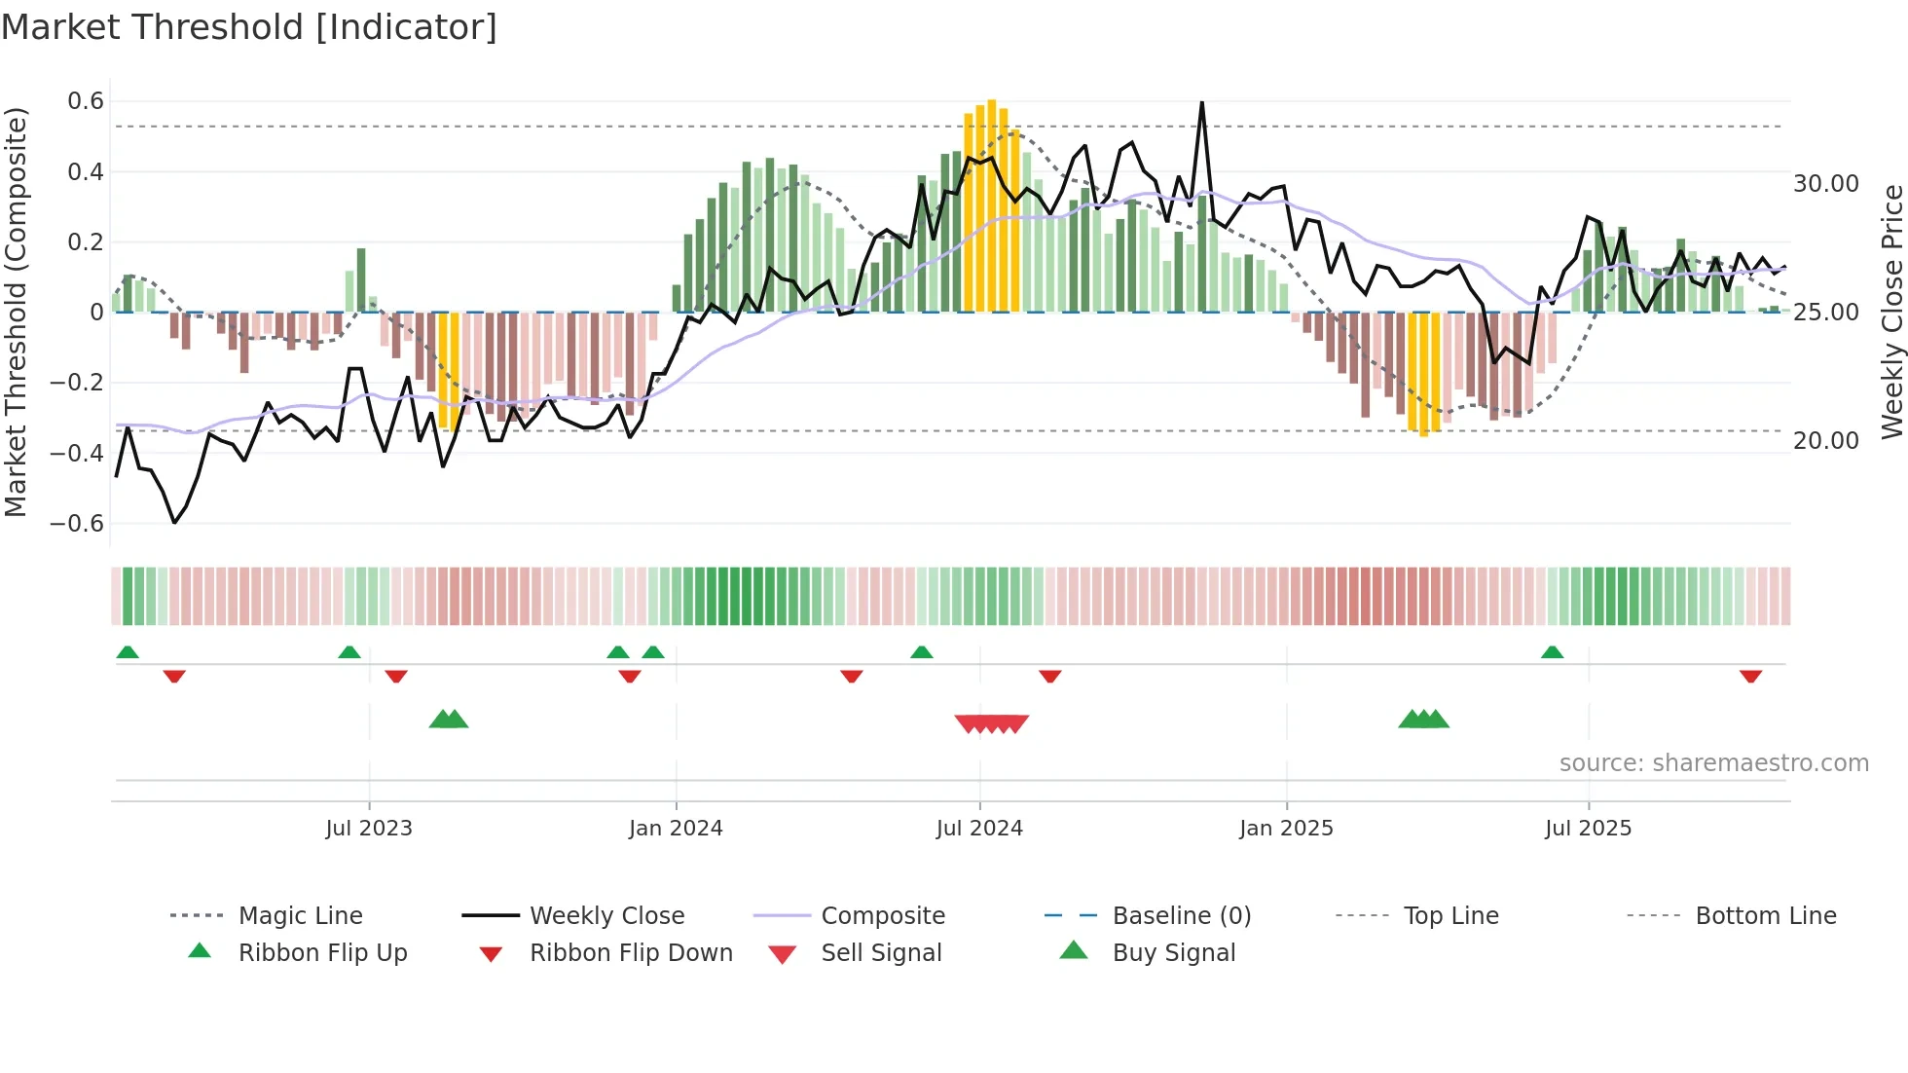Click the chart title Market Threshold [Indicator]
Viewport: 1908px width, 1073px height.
coord(249,27)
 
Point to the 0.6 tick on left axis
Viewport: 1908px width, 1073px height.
coord(86,101)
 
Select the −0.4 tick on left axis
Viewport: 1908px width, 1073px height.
coord(78,453)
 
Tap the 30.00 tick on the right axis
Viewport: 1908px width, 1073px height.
coord(1826,184)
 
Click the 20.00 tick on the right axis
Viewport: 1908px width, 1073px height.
coord(1826,441)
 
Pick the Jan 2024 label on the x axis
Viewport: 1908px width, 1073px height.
coord(676,829)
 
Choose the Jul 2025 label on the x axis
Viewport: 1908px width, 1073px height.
coord(1588,829)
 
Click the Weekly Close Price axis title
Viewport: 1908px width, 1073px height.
coord(1891,312)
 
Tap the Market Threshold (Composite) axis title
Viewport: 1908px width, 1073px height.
coord(16,312)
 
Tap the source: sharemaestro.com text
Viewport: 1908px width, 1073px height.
coord(1713,763)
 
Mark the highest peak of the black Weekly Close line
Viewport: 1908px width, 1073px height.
coord(1202,102)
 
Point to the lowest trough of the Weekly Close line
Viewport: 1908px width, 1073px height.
coord(174,523)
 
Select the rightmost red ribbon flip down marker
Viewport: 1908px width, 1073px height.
coord(1750,676)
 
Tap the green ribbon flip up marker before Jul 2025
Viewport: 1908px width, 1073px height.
coord(1552,652)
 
